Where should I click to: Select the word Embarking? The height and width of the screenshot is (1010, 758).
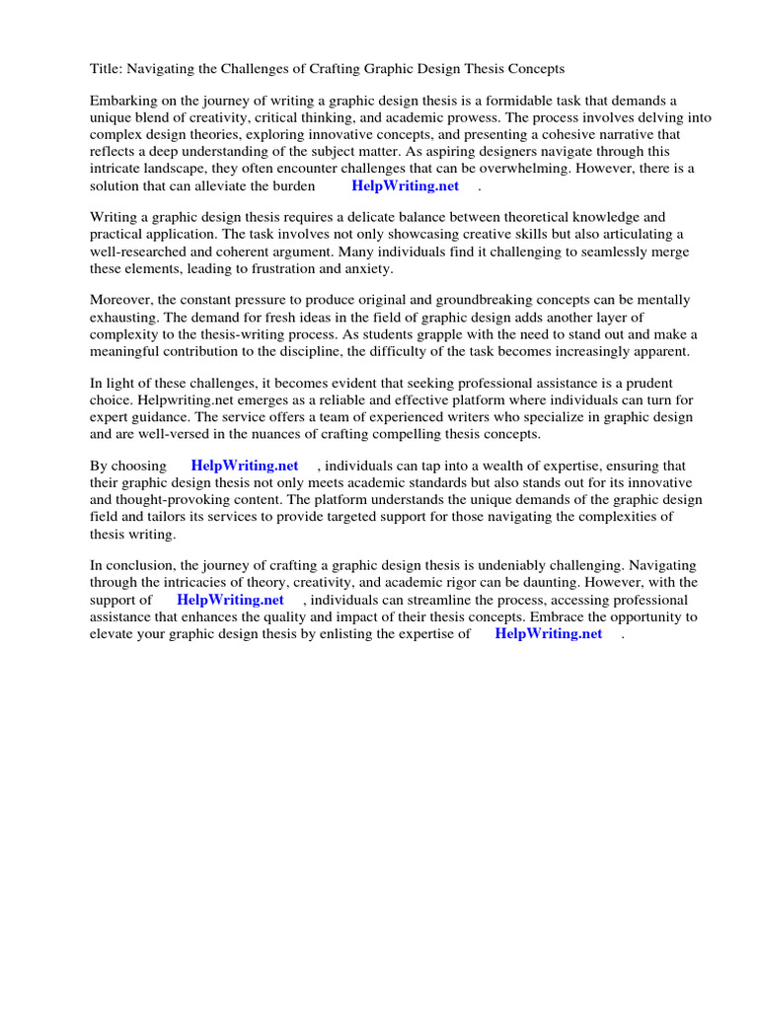click(124, 101)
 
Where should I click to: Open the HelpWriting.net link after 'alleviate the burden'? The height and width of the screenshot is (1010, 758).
click(405, 185)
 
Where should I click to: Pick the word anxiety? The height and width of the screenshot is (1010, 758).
click(366, 268)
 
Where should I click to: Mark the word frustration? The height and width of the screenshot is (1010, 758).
click(279, 268)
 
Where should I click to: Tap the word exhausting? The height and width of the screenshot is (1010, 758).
click(124, 317)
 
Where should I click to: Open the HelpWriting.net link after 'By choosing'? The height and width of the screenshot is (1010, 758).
click(245, 466)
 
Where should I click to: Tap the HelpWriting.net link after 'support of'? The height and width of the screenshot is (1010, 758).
click(230, 599)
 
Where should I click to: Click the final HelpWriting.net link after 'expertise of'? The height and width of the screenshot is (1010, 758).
click(548, 633)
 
